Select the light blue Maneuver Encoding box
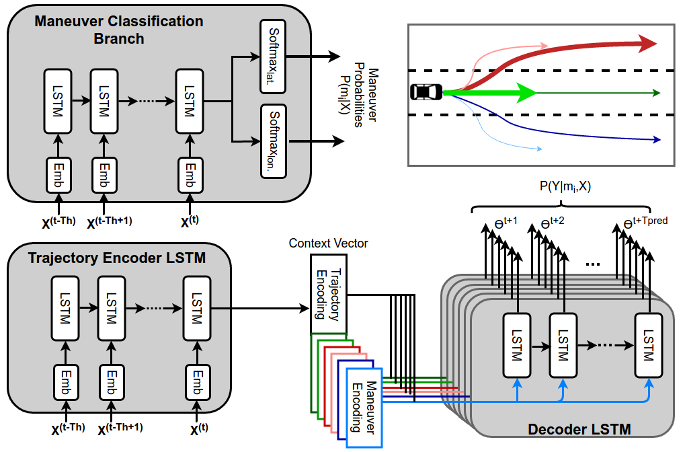[x=364, y=408]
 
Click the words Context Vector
[x=329, y=242]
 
